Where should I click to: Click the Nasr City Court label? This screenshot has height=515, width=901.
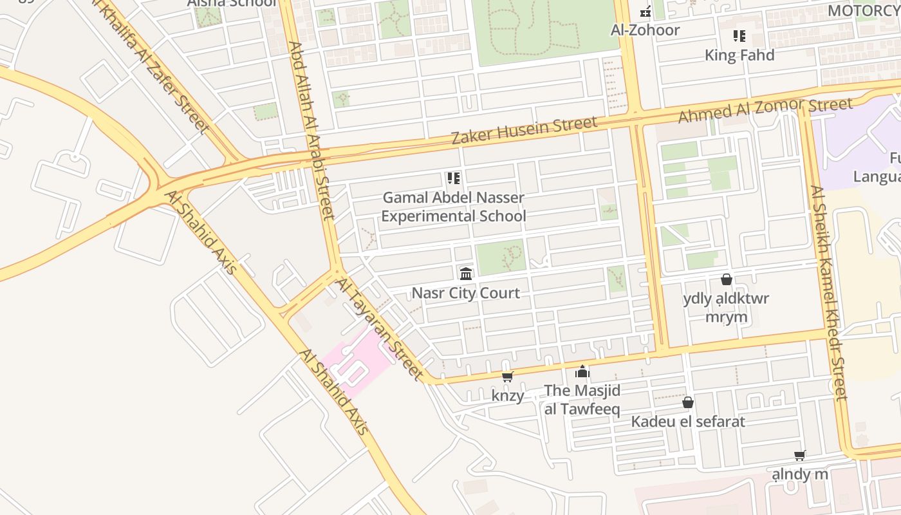465,293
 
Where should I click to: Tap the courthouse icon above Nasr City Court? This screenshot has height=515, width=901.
466,274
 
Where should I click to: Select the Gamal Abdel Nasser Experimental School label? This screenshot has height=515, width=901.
454,207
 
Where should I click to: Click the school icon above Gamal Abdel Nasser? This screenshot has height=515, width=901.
454,178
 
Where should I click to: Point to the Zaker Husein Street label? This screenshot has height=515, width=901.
524,131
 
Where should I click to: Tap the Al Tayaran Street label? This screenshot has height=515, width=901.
380,328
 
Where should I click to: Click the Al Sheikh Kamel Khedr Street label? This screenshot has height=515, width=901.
829,293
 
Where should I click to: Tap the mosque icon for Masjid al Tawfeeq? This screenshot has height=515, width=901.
582,371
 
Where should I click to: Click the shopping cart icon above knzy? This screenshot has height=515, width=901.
508,377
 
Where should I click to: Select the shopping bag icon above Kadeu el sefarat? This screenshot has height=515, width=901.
688,402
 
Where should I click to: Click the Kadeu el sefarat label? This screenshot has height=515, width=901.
688,422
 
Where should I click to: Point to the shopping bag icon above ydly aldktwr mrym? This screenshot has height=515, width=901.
727,279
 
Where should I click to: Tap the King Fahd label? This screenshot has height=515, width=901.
739,55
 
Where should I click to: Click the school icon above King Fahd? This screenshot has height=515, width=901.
739,36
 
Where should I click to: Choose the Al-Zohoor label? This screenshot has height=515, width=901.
646,30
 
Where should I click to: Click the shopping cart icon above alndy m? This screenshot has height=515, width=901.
800,456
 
